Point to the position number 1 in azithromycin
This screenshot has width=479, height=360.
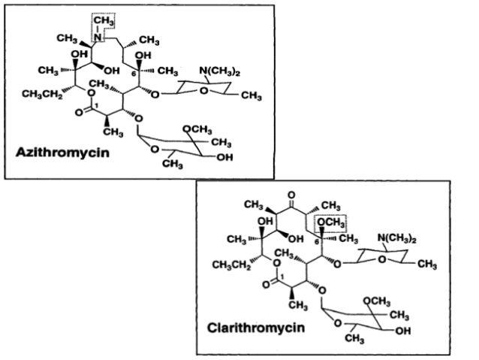pos(98,104)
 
